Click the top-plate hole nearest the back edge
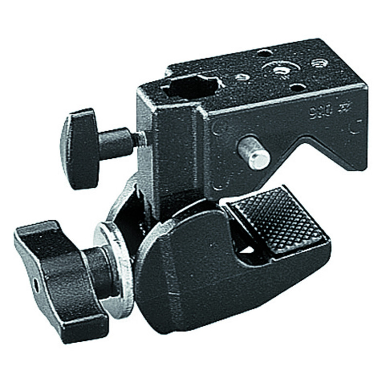[x=264, y=52]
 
